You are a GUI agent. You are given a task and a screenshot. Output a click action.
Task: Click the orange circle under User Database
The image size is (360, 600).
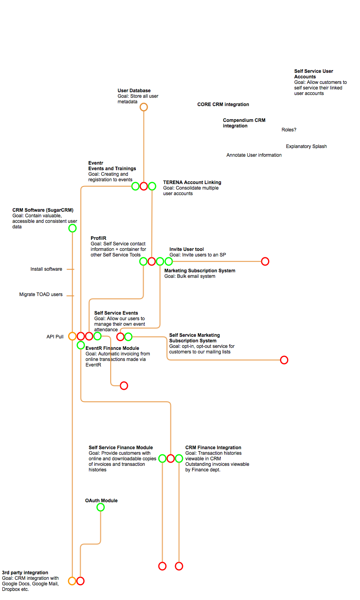coord(144,103)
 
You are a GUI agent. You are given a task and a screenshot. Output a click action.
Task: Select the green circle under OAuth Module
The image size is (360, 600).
coord(101,503)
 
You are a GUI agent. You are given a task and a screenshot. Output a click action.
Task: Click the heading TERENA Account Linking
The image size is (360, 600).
coord(192,182)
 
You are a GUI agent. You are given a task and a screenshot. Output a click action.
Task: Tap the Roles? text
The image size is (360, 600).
coord(289,130)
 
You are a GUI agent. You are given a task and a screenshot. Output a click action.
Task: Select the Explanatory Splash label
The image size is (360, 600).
coord(306,146)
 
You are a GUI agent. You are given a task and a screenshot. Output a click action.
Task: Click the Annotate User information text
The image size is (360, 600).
coord(254,155)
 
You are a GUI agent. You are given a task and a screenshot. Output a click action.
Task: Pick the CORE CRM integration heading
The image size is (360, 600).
coord(223,104)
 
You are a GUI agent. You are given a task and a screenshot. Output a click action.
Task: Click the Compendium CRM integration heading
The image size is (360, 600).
coord(244,123)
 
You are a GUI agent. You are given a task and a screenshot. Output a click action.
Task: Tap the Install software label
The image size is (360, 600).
coord(46,269)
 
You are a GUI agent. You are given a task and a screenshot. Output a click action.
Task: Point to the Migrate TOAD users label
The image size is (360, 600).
coord(41,294)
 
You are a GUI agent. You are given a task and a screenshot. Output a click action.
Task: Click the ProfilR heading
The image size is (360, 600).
coord(98,238)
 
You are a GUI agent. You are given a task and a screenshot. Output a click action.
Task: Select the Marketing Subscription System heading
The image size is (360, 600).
coord(200,271)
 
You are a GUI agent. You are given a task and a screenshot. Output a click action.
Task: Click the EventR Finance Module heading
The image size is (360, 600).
coord(112,348)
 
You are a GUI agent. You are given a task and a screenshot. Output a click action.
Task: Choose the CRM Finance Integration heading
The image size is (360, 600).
coord(213,448)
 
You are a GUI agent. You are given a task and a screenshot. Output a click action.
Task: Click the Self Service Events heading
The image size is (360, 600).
coord(116,313)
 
